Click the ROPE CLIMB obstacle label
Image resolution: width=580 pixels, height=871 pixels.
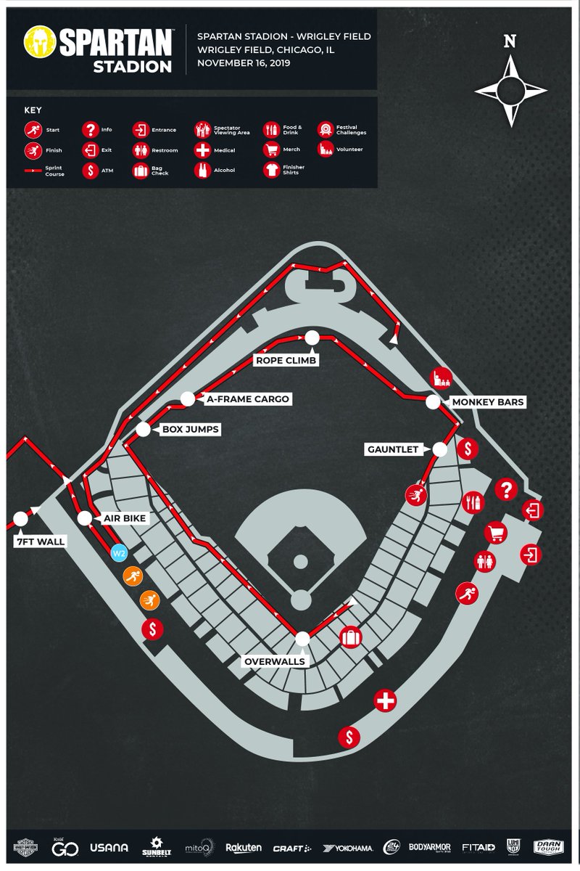tap(286, 360)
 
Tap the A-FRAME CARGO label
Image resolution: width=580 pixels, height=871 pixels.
tap(247, 399)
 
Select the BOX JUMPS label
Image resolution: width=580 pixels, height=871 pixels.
tap(190, 430)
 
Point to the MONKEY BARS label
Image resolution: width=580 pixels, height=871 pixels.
tap(487, 401)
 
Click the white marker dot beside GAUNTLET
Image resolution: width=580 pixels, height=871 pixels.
tap(439, 449)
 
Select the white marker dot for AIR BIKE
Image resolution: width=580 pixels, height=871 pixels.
tap(85, 518)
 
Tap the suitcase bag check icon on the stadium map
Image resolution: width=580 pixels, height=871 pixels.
tap(350, 637)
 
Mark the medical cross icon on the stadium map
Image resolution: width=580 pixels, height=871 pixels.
tap(385, 701)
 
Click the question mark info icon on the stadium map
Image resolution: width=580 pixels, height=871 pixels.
tap(505, 491)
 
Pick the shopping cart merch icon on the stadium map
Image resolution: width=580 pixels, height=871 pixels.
tap(496, 532)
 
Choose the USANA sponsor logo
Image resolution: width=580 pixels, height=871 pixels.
tap(109, 847)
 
